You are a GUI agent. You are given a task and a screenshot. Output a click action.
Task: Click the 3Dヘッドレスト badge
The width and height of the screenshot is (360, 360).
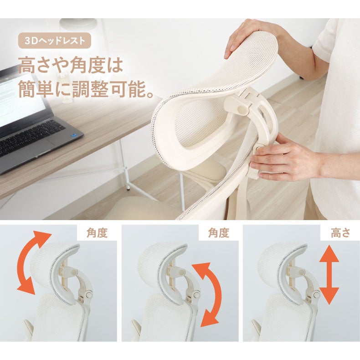coord(54,41)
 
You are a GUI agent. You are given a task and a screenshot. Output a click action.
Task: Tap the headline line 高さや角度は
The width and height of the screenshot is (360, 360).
coord(71,66)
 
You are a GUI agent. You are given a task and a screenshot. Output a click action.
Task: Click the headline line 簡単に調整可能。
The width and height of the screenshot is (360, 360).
coord(86,89)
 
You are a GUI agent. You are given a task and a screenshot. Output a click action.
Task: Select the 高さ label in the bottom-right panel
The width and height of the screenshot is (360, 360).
coord(340,233)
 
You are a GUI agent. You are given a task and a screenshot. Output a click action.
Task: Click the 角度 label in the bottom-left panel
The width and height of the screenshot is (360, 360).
coord(97,233)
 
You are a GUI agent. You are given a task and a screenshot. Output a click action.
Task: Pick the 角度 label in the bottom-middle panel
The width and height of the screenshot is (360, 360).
coord(219,233)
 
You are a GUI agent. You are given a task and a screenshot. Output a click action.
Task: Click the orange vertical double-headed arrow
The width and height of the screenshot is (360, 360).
coord(329,275)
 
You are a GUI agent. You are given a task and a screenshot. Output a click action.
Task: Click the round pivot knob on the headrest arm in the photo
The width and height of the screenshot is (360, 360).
coord(242,110)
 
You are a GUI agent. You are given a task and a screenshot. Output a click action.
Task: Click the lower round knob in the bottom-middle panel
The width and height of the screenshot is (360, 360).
coord(196,294)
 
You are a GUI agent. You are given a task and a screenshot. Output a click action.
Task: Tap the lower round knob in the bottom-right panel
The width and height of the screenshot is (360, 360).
coord(316,294)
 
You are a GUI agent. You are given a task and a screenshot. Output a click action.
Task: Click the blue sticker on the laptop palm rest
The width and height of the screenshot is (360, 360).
coord(75,136)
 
